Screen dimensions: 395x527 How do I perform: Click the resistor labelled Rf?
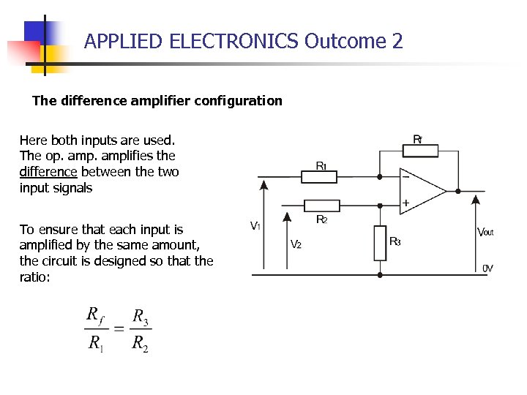(419, 151)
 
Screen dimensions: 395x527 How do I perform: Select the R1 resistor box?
(318, 176)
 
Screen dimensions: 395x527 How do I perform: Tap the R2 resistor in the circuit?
(321, 205)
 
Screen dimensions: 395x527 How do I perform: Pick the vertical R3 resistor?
(379, 244)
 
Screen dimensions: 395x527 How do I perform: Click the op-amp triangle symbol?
(422, 189)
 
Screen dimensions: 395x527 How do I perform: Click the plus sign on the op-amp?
(405, 203)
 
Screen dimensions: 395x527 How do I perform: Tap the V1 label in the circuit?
(255, 226)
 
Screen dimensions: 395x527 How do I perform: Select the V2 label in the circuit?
(296, 244)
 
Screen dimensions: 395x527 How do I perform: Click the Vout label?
(485, 232)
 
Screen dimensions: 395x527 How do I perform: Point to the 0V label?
(487, 268)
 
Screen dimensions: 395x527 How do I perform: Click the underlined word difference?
(48, 172)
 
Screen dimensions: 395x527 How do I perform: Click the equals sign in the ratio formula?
(118, 328)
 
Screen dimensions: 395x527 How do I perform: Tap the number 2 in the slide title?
(397, 41)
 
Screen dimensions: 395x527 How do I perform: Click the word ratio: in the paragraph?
(34, 277)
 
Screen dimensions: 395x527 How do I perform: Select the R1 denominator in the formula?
(96, 342)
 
